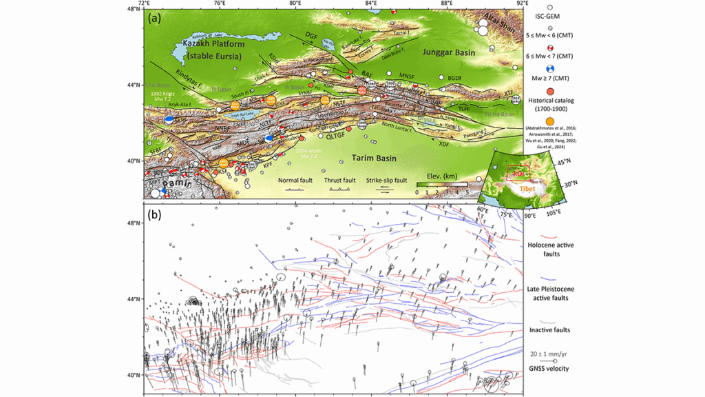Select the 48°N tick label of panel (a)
click(133, 10)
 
